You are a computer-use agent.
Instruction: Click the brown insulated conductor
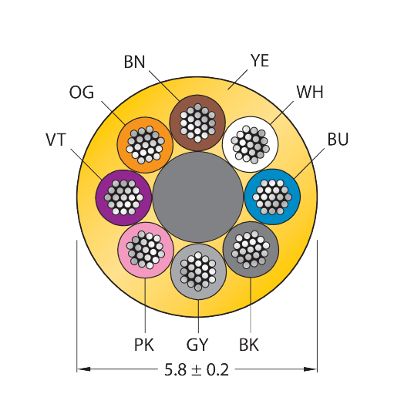(197, 123)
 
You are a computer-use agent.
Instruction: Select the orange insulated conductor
(145, 145)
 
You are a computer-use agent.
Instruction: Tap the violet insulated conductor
(123, 197)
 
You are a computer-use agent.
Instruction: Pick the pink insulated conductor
(146, 250)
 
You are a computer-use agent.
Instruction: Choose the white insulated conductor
(250, 144)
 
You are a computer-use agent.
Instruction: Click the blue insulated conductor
(272, 197)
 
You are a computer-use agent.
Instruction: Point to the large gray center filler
(197, 197)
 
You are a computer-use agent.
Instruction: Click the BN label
(134, 62)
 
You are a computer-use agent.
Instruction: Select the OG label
(82, 93)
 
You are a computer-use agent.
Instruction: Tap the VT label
(56, 140)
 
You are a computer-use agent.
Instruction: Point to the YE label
(260, 61)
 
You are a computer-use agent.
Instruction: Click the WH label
(310, 92)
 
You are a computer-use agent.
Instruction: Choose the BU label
(338, 139)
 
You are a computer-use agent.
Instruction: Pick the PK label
(144, 345)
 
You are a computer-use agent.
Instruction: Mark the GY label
(197, 345)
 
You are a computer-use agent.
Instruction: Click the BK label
(249, 345)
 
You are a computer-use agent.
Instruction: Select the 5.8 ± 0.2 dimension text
(197, 369)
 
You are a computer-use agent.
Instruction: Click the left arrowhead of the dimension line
(83, 369)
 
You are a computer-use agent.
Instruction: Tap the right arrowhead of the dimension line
(311, 369)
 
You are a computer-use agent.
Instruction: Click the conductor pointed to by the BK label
(251, 250)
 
